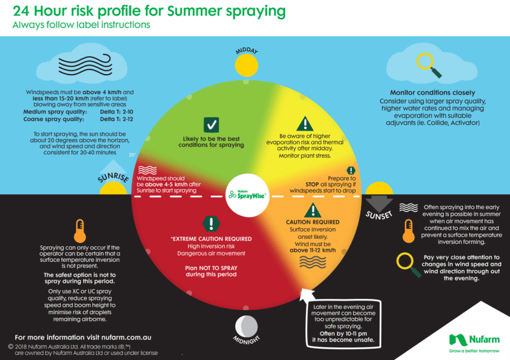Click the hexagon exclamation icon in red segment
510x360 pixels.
click(x=211, y=224)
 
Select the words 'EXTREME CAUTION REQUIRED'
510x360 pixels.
click(x=210, y=239)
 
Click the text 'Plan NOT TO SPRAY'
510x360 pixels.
click(x=210, y=268)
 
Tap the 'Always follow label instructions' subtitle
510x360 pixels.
click(x=82, y=25)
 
